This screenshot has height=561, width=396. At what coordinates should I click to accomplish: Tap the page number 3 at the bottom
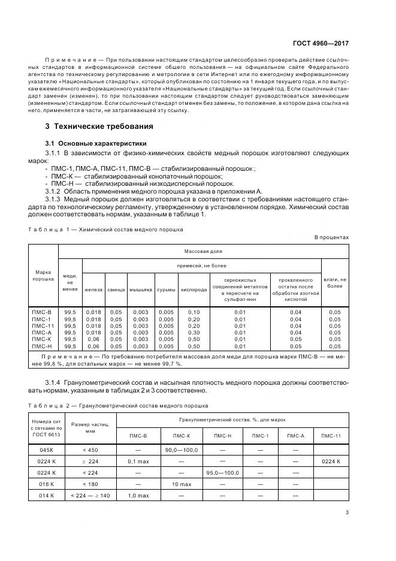click(347, 511)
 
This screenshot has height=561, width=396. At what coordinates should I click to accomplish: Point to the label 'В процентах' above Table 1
click(331, 237)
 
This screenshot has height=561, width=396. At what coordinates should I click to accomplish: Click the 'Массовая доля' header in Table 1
click(202, 251)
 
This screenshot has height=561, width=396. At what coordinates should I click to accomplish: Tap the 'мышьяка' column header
click(140, 289)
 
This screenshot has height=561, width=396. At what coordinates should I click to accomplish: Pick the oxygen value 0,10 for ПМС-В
click(194, 312)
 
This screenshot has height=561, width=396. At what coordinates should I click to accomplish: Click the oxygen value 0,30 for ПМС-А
click(194, 332)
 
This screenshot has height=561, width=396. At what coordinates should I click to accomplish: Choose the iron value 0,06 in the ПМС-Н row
click(93, 346)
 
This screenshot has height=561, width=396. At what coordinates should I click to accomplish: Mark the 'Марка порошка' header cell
click(43, 275)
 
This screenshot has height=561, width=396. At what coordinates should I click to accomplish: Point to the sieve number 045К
click(47, 450)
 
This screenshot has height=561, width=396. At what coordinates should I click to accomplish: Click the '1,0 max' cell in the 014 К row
click(139, 495)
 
